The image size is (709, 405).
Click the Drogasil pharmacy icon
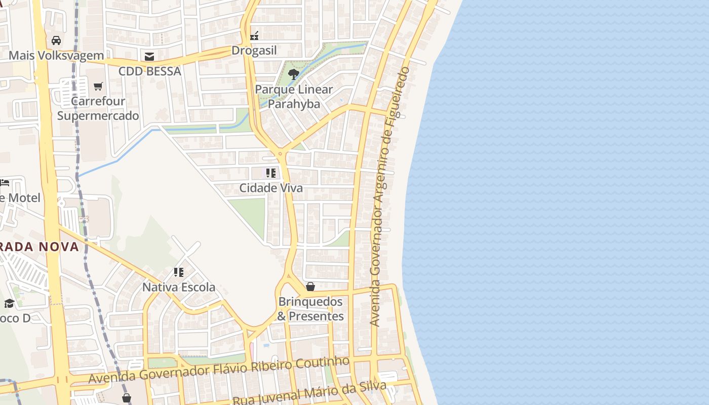click(255, 35)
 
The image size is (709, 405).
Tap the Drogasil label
click(254, 51)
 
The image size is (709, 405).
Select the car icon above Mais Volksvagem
click(56, 40)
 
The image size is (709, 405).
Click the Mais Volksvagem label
click(56, 55)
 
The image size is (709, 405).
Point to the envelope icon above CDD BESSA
click(149, 56)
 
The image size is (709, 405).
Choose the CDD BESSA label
click(149, 71)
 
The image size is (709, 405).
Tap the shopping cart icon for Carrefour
click(98, 86)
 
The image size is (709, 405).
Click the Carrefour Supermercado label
click(98, 108)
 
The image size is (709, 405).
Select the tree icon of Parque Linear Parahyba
click(293, 75)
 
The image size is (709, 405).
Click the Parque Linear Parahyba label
click(294, 97)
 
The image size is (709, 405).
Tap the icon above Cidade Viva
click(271, 173)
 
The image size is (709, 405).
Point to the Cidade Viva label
click(271, 188)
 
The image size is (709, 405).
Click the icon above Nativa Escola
click(179, 272)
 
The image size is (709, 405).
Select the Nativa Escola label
click(179, 288)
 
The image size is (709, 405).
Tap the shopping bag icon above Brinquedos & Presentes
click(310, 287)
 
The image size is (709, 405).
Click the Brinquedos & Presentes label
click(310, 309)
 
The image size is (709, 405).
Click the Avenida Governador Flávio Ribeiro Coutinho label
click(219, 371)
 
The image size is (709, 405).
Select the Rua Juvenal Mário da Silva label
click(309, 394)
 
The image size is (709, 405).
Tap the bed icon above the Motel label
click(5, 182)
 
